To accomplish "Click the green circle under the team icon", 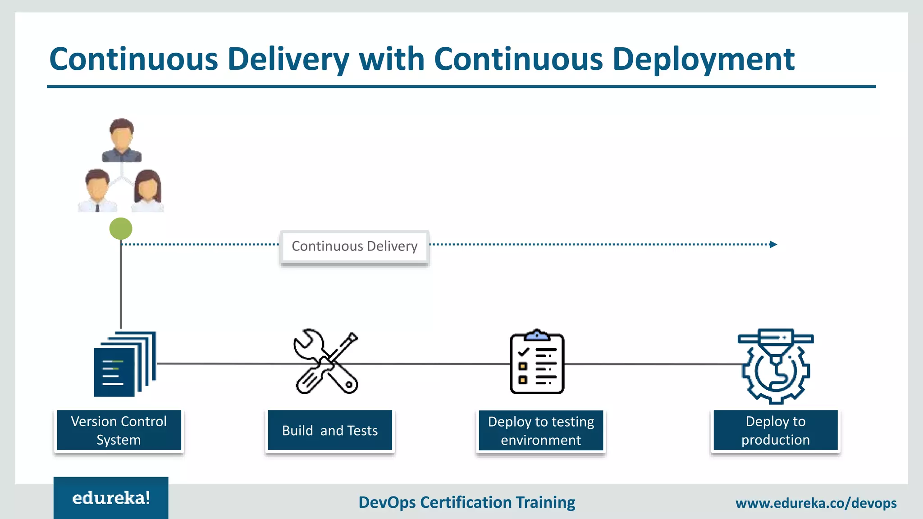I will [x=121, y=229].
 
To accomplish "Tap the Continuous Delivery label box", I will [x=355, y=246].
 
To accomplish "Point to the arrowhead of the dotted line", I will [x=773, y=245].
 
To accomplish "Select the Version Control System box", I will [x=119, y=430].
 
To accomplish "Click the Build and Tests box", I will [x=330, y=430].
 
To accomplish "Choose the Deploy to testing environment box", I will [x=541, y=430].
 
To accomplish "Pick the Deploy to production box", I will [x=776, y=430].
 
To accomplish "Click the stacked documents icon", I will [x=124, y=364].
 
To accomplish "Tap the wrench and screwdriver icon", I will [x=326, y=362].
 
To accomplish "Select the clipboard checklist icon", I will [x=537, y=362].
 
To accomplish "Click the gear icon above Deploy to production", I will [x=776, y=366].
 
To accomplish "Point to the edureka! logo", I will [x=111, y=498].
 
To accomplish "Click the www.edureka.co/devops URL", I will [x=816, y=503].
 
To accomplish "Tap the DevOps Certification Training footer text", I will [x=467, y=502].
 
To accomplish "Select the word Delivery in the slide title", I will [x=288, y=59].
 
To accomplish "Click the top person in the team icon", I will [x=122, y=140].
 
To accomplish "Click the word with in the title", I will [x=392, y=59].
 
